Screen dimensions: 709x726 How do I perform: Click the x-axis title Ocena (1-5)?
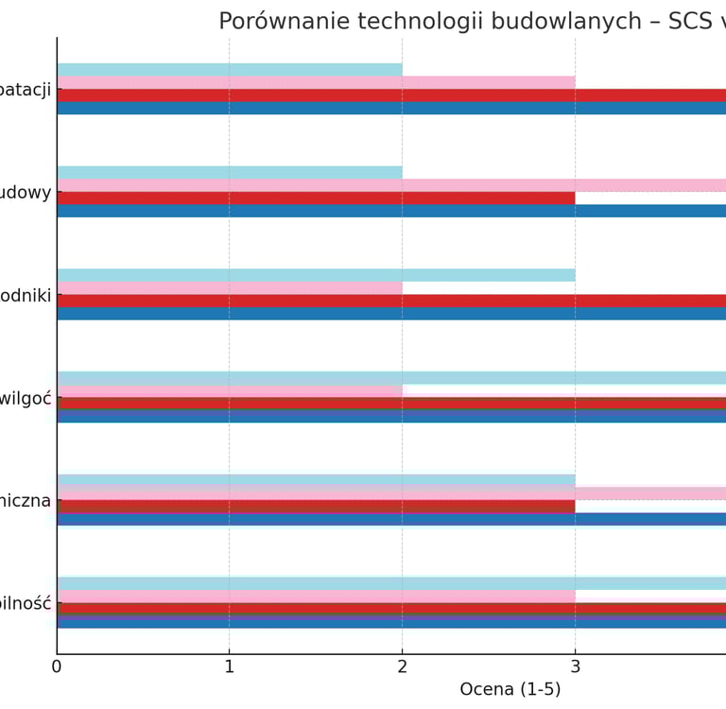510,689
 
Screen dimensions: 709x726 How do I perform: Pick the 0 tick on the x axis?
57,666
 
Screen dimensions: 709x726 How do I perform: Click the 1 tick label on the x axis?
229,666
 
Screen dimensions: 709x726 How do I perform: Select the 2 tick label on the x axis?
402,666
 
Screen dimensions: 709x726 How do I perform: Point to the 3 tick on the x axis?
575,666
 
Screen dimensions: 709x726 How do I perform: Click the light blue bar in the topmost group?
229,70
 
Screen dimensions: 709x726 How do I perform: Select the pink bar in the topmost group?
316,82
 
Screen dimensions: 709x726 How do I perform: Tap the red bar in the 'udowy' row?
316,199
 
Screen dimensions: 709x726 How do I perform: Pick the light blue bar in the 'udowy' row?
229,173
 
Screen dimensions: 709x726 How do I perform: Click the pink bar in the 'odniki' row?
229,287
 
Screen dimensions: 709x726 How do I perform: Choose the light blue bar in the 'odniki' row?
316,275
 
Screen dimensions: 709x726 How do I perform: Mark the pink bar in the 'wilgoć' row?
229,390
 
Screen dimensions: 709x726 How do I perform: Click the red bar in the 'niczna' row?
316,507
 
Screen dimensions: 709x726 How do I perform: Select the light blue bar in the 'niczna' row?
316,480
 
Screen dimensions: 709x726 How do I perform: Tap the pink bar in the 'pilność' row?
316,597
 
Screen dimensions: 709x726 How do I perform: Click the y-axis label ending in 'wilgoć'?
26,398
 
